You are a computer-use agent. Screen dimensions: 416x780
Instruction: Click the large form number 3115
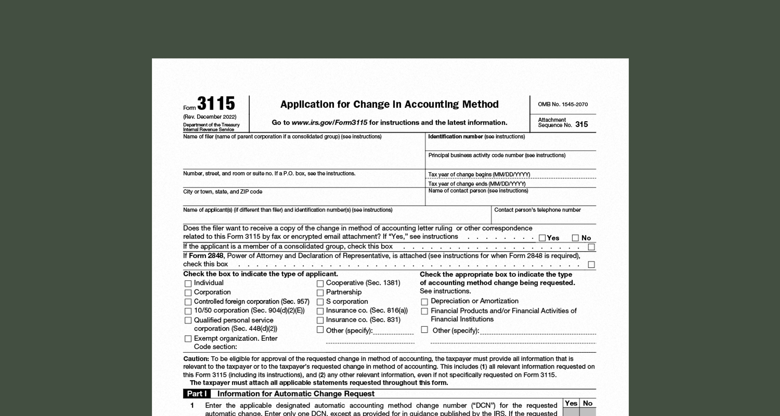216,104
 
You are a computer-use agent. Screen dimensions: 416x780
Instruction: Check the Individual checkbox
188,283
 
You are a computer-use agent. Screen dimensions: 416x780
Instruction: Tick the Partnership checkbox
320,293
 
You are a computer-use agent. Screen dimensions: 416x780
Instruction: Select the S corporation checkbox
320,302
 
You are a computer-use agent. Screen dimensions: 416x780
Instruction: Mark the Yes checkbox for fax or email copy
542,238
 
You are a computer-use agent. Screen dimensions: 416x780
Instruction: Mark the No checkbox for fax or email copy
575,238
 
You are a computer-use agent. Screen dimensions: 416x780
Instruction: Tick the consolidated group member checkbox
591,247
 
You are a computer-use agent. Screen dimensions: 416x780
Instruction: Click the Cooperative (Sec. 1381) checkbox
320,283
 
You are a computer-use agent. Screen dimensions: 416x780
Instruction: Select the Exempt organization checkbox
188,338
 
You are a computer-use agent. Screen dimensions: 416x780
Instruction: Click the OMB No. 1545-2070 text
563,104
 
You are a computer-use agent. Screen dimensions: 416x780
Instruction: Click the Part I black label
197,394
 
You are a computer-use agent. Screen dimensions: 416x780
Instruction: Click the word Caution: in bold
196,359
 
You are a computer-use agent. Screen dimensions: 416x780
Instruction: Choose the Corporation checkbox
188,293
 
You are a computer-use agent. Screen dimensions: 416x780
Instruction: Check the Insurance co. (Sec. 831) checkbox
320,320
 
